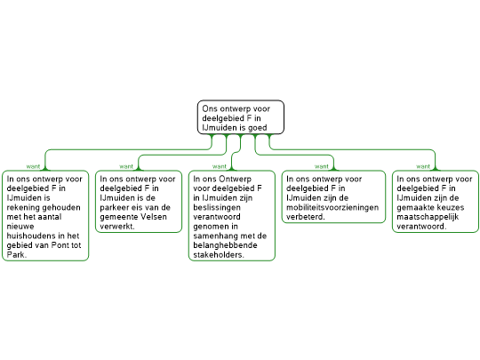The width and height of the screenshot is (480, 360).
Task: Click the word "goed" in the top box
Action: [x=258, y=128]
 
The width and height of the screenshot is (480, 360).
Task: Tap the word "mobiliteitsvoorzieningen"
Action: [x=332, y=208]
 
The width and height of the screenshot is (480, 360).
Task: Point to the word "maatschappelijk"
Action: [x=428, y=218]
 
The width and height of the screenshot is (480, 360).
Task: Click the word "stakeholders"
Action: [x=219, y=255]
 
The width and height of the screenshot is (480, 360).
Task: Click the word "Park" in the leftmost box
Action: [x=16, y=255]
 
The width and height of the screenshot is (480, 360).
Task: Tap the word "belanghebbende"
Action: [x=225, y=245]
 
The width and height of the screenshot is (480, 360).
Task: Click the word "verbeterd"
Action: [x=306, y=217]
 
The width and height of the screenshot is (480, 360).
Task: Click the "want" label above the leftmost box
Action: [x=33, y=166]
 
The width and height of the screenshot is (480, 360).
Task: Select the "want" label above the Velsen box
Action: [x=126, y=166]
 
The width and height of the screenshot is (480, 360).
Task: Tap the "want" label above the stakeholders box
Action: [x=220, y=166]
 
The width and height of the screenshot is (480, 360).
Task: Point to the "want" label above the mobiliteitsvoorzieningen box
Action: [x=322, y=166]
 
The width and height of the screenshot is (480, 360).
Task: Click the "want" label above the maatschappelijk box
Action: [x=423, y=166]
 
